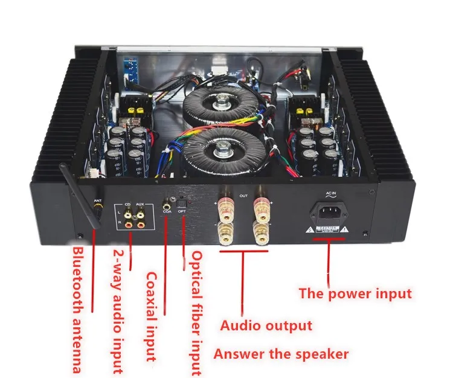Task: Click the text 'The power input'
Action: click(x=355, y=294)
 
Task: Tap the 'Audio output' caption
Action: click(x=266, y=326)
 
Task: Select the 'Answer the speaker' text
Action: click(x=281, y=353)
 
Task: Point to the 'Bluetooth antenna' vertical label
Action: click(x=77, y=309)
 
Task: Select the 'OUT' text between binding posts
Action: click(x=244, y=196)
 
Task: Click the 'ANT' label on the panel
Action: click(x=97, y=200)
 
